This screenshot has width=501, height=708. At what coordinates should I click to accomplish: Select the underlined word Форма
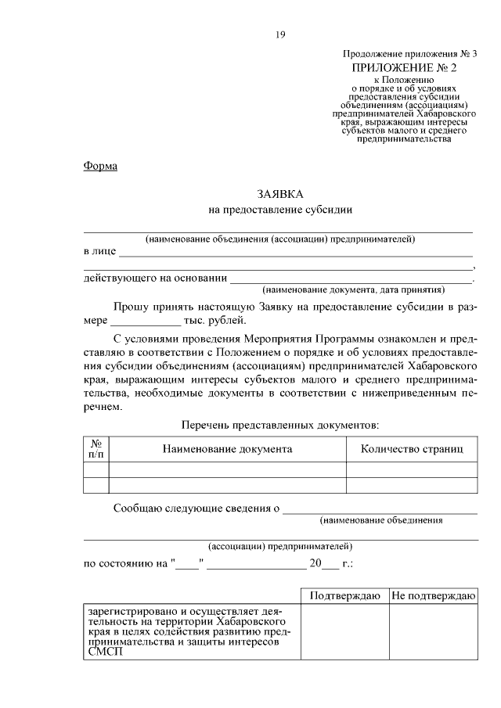click(100, 166)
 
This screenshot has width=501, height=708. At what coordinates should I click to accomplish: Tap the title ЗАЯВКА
click(279, 192)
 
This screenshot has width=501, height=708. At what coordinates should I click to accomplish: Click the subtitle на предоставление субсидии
click(279, 210)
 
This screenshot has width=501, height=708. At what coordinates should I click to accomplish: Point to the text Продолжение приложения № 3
click(409, 54)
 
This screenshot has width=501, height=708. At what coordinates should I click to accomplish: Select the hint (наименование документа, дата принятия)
click(353, 288)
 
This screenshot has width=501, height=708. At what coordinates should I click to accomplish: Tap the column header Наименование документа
click(227, 449)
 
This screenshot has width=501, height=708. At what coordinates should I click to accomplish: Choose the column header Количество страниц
click(411, 449)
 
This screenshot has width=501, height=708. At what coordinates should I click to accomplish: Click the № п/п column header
click(96, 449)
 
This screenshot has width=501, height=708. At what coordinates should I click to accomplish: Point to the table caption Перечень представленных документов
click(279, 425)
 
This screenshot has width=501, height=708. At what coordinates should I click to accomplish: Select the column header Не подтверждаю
click(433, 595)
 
